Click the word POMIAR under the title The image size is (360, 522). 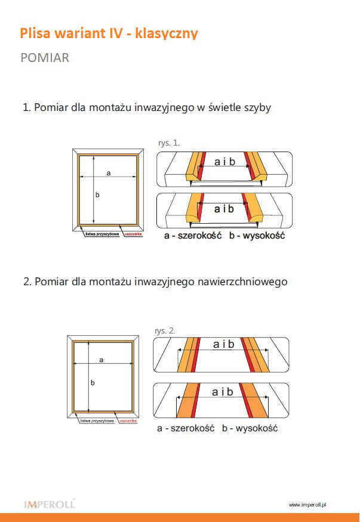tap(45, 58)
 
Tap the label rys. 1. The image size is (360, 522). tap(169, 143)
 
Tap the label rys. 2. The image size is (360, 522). tap(164, 330)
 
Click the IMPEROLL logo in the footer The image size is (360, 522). tap(49, 505)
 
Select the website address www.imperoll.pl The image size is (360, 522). tap(307, 505)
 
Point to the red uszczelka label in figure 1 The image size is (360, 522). tap(132, 234)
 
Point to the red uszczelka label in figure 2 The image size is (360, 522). tap(128, 421)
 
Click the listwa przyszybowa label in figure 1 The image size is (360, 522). tap(103, 234)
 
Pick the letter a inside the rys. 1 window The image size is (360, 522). tap(109, 173)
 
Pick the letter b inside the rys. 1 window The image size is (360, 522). tap(97, 195)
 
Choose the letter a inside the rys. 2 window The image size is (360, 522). tap(101, 360)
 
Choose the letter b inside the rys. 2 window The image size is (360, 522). tap(93, 382)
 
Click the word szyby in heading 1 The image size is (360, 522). tap(258, 108)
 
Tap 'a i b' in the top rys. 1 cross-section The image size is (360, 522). tap(224, 162)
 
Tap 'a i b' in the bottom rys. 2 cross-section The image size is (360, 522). tap(223, 392)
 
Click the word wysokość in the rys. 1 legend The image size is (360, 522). tap(263, 236)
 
